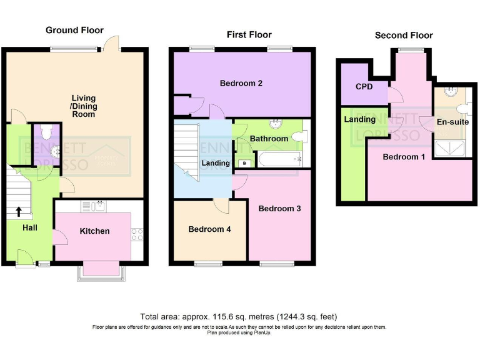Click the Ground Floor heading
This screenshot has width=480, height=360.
tap(74, 30)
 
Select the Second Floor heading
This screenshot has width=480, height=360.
tap(404, 36)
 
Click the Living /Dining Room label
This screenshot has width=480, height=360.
tap(83, 106)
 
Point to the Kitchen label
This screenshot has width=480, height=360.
tap(94, 231)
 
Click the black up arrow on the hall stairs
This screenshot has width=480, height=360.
tap(18, 211)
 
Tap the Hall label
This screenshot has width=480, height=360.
tap(29, 227)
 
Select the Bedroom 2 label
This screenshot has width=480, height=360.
tap(241, 83)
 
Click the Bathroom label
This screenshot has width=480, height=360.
tap(269, 139)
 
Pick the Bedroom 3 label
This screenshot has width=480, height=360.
tap(279, 208)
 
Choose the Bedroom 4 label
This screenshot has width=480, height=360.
tap(209, 229)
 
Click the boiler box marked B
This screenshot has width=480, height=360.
tap(244, 164)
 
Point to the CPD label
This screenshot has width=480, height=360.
tap(364, 87)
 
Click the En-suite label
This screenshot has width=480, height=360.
tap(453, 122)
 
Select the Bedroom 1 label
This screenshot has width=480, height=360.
tap(404, 157)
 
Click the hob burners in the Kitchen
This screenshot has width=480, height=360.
tap(137, 235)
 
